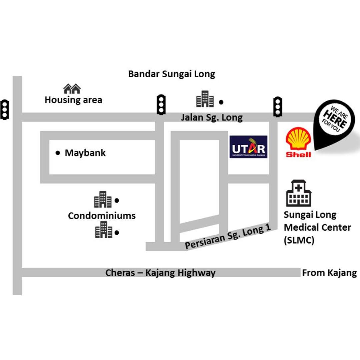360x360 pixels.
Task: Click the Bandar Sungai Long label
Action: click(172, 74)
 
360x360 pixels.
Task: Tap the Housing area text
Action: click(73, 100)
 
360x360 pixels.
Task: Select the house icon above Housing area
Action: click(72, 89)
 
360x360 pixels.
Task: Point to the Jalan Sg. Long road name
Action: click(212, 117)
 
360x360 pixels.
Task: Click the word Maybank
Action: click(85, 153)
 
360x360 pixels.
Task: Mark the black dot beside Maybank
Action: click(58, 153)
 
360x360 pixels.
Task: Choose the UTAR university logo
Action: click(248, 147)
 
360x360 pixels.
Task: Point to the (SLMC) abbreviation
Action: click(299, 240)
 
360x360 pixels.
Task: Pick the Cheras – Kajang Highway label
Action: click(160, 273)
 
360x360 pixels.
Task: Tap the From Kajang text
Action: click(329, 273)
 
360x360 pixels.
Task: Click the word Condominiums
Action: click(102, 215)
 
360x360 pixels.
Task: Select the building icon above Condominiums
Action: click(103, 200)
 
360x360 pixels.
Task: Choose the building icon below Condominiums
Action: click(103, 230)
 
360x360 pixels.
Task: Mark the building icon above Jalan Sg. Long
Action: click(205, 99)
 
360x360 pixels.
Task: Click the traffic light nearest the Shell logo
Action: click(278, 106)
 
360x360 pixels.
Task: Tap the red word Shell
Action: click(298, 154)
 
